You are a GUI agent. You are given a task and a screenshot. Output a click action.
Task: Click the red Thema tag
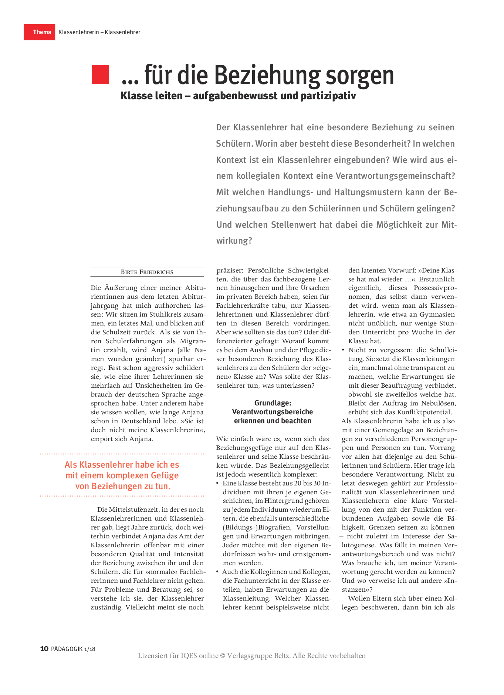(x=40, y=32)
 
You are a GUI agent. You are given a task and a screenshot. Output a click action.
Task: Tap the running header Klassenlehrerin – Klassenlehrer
(x=99, y=32)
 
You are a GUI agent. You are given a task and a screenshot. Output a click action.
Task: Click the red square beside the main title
(x=100, y=74)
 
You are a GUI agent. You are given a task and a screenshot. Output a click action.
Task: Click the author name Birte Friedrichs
(x=147, y=272)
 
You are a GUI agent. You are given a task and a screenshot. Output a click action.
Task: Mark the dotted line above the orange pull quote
(x=122, y=454)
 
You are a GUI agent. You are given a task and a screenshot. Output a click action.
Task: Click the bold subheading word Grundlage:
(x=273, y=403)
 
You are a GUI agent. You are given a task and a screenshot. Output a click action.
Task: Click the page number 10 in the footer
(x=44, y=648)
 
